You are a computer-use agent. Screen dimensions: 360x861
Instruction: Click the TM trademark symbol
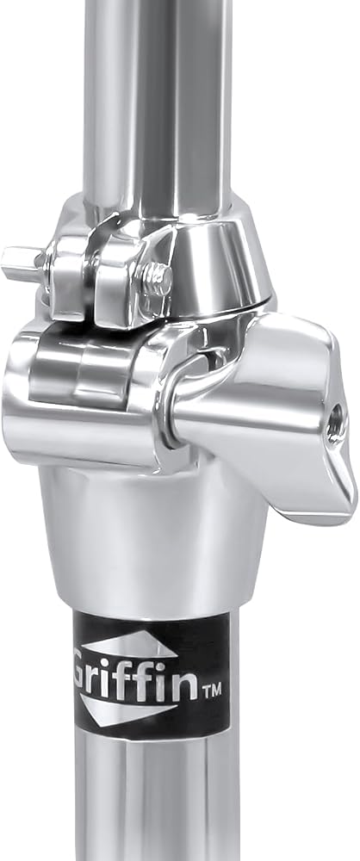[x=212, y=690]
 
